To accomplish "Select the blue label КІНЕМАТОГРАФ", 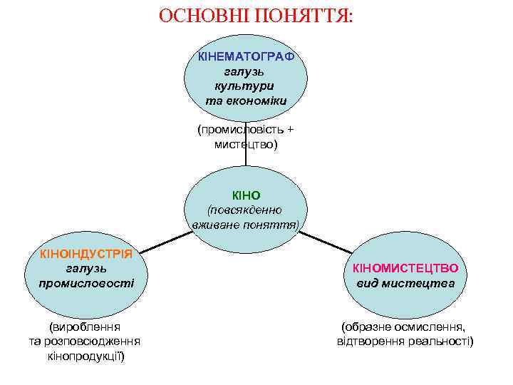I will pos(246,56).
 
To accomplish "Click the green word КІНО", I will pos(247,195).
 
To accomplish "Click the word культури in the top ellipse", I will pos(246,86).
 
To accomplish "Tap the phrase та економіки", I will pos(246,101).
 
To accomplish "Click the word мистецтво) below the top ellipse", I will pos(246,145).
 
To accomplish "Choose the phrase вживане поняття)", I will pos(246,225).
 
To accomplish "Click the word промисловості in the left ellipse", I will pos(86,283).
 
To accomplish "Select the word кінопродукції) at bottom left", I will pos(85,356).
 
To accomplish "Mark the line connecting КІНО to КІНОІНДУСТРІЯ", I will pos(165,242).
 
